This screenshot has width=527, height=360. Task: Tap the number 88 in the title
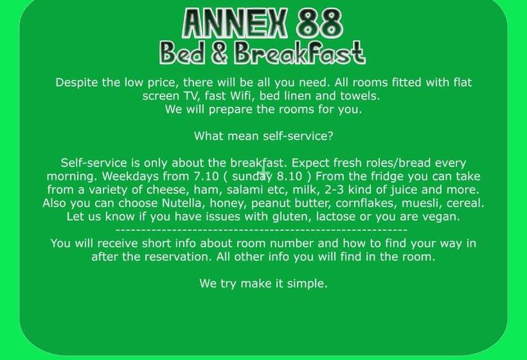click(319, 24)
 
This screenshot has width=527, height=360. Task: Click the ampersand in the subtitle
click(220, 53)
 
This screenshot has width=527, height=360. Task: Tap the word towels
click(361, 96)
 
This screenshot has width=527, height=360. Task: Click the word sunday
click(253, 176)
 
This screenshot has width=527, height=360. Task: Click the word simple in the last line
click(307, 283)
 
